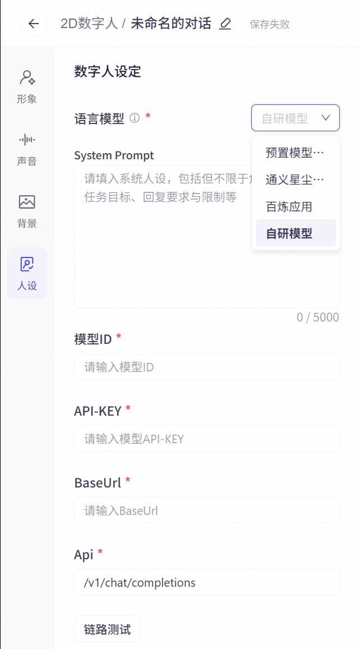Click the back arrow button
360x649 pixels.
click(x=34, y=24)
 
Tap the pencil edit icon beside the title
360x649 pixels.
click(x=225, y=24)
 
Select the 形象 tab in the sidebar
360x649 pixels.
click(x=27, y=86)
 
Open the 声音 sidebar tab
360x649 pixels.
click(x=27, y=149)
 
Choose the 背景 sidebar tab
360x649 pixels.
click(x=27, y=211)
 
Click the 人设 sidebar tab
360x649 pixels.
click(x=27, y=274)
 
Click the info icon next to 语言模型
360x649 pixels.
click(x=135, y=118)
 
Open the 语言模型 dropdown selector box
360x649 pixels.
click(x=296, y=118)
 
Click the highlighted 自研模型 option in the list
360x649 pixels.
click(x=296, y=233)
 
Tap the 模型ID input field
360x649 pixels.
click(x=207, y=367)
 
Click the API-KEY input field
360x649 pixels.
click(x=207, y=438)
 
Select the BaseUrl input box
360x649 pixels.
click(x=207, y=510)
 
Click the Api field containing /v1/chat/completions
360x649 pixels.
click(x=207, y=582)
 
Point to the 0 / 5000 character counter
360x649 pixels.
click(x=318, y=317)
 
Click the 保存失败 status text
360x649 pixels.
click(x=270, y=24)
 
